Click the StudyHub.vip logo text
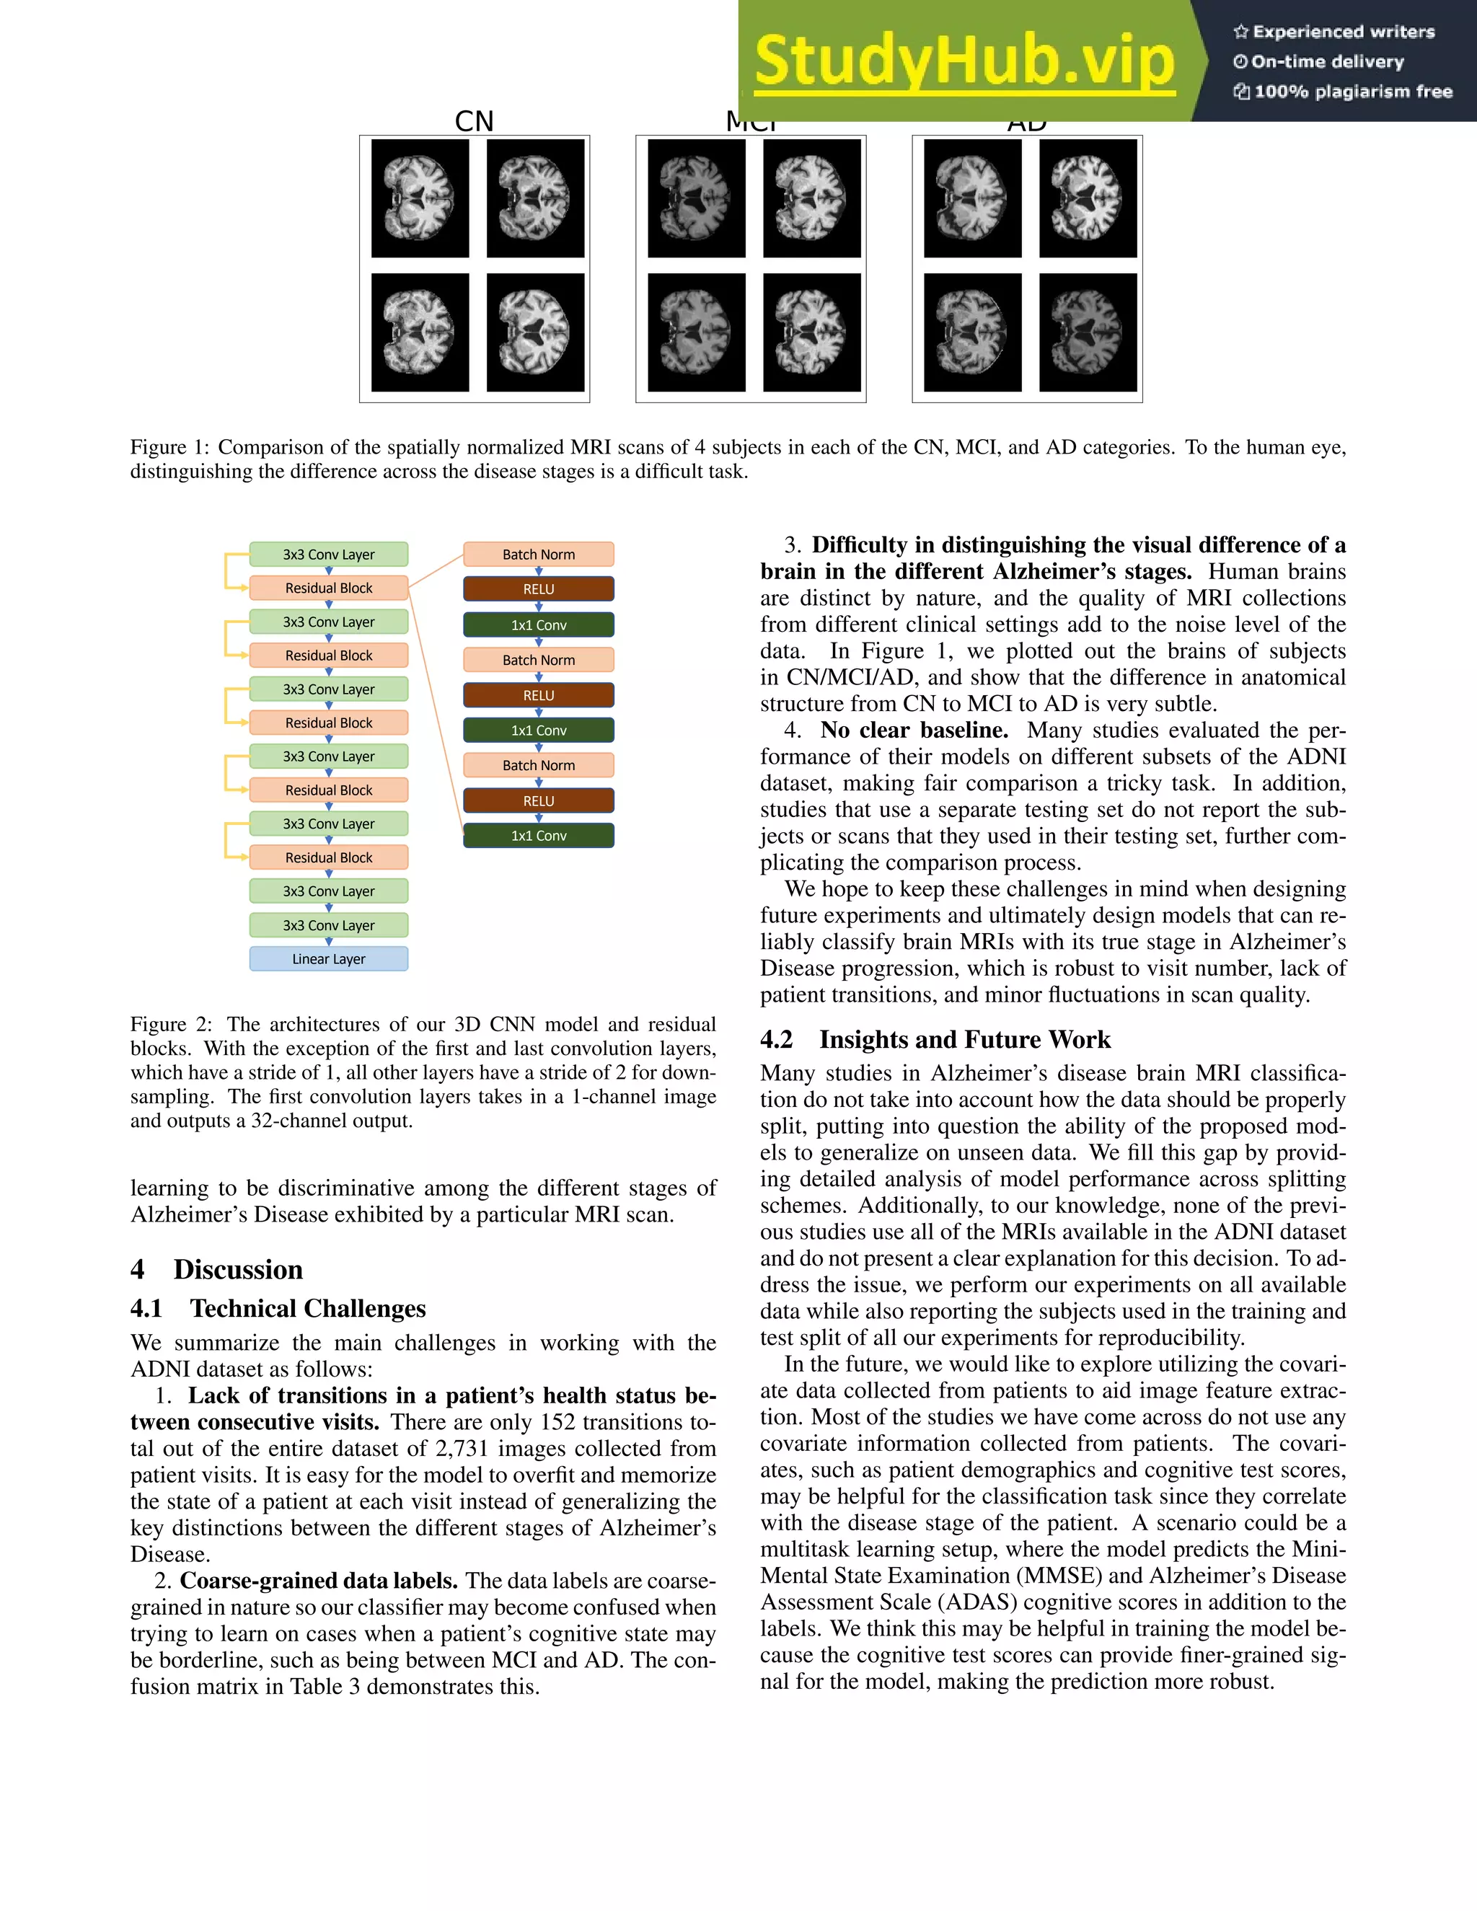[x=964, y=61]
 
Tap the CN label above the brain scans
[x=475, y=120]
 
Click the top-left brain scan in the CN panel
[x=420, y=198]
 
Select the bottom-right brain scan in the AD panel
[x=1088, y=332]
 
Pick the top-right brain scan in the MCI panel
[x=811, y=198]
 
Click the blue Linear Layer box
[x=328, y=959]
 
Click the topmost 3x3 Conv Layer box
[x=328, y=554]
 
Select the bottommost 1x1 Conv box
[x=538, y=836]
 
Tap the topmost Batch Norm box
[x=538, y=554]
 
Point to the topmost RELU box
[x=538, y=589]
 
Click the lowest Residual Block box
[x=328, y=857]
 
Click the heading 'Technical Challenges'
[x=307, y=1308]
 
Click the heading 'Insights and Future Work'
[x=964, y=1039]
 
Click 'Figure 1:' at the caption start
[x=169, y=447]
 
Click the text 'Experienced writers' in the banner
[x=1343, y=32]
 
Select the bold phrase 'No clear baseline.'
[x=914, y=730]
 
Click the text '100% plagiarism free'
[x=1352, y=92]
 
